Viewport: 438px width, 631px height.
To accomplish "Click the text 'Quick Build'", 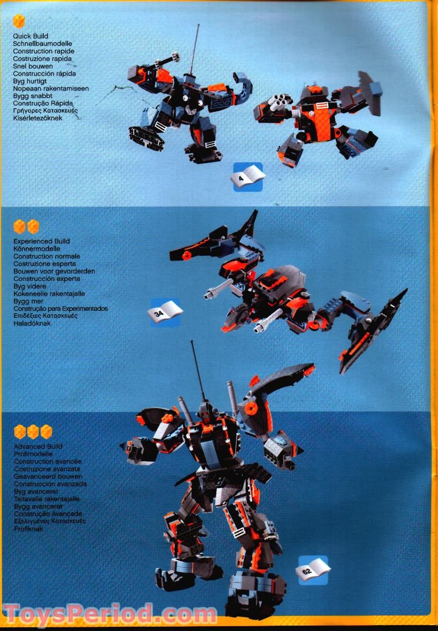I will click(x=31, y=36).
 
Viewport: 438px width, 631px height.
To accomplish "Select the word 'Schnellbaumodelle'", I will click(x=42, y=44).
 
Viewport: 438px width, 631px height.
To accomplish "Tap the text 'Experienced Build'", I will click(x=41, y=241).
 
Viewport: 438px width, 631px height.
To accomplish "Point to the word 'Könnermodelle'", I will click(x=37, y=249).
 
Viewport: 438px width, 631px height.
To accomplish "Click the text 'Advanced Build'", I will click(x=38, y=446).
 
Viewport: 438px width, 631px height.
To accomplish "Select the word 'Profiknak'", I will click(x=28, y=529).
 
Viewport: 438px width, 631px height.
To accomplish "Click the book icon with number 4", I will click(x=248, y=177).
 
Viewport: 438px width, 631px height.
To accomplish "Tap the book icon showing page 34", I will click(x=164, y=312).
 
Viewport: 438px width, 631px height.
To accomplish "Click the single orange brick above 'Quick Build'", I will click(x=19, y=21).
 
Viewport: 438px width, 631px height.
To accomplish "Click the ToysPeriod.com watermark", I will click(x=110, y=614).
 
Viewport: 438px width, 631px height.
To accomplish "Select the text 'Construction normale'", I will click(x=47, y=256).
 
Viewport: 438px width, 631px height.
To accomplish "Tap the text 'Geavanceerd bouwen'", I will click(x=48, y=476).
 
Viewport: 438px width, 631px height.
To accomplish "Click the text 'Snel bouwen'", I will click(x=33, y=66).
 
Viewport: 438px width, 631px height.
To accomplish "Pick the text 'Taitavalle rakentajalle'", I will click(x=47, y=499).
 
